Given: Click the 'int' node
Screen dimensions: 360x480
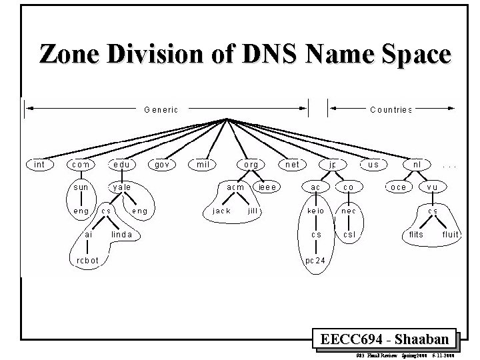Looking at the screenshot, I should point(39,164).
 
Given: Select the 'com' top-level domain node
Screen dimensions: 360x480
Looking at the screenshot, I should point(81,164).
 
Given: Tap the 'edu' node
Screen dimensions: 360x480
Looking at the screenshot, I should point(121,164).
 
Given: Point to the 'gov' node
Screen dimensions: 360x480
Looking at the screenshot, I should point(162,164).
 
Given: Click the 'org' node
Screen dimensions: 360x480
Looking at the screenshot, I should point(251,164).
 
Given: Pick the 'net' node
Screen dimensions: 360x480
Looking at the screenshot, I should point(292,164).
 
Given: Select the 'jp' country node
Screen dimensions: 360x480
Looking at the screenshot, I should point(332,164).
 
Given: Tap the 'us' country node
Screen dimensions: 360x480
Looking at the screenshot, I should point(373,164).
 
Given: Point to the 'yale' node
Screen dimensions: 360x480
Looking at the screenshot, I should point(121,187).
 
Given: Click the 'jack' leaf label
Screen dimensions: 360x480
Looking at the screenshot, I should point(221,211).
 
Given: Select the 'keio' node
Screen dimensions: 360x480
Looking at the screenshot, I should point(316,211).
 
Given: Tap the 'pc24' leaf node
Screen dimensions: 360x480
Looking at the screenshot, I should point(316,259).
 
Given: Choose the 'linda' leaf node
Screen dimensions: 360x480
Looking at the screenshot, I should point(121,235).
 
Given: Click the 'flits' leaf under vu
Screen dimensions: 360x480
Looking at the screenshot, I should point(415,235).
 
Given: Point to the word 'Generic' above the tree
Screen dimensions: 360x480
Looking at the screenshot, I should point(161,109).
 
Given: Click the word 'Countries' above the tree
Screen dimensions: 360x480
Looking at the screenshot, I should point(391,109).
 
